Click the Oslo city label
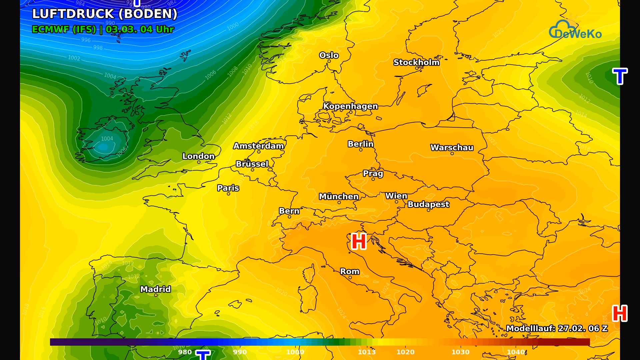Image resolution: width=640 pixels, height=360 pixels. point(329,55)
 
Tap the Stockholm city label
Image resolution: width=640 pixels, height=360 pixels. point(416,62)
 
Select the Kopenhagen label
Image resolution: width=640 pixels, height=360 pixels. point(350,106)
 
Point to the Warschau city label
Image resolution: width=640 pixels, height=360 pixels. point(452,148)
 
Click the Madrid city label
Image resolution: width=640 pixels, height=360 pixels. point(155,289)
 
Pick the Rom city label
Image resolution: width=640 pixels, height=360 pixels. point(350,271)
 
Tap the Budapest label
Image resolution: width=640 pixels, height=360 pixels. point(428,204)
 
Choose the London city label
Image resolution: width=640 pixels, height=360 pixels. point(198,156)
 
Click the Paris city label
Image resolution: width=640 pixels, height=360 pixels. point(228,188)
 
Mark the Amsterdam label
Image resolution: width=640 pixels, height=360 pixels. point(258,146)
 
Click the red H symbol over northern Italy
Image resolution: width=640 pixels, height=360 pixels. point(359,241)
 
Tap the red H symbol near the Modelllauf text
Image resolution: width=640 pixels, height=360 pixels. point(620,313)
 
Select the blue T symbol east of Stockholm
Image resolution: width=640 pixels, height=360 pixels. point(620,76)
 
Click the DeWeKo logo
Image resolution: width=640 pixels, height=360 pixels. point(575,30)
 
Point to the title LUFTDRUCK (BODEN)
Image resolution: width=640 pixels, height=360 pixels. point(105,14)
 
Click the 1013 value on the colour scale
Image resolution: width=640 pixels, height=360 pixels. point(367,352)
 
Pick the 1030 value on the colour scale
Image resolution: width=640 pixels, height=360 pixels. point(460,352)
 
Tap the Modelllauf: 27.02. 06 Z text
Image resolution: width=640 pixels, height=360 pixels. point(557,328)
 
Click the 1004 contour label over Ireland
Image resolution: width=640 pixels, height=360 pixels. point(107,139)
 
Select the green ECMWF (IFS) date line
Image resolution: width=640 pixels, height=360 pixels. point(103,29)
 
